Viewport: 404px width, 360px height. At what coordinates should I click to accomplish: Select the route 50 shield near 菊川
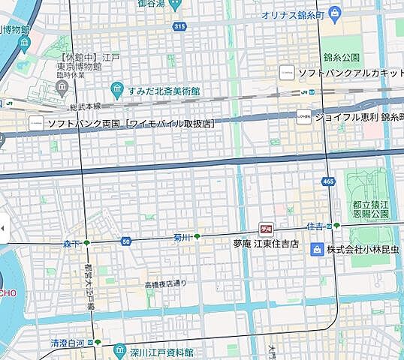126,241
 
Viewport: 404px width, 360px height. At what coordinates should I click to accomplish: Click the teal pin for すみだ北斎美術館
117,91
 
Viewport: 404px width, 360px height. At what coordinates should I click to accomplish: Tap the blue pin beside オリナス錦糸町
336,13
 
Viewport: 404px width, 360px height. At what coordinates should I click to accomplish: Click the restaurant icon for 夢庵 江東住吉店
264,228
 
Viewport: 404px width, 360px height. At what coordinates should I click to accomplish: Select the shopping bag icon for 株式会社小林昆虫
318,248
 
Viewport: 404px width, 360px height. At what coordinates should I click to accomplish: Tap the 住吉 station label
315,226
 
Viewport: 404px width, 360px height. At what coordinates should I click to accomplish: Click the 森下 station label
72,243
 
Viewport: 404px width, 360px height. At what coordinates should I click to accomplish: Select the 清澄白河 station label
69,343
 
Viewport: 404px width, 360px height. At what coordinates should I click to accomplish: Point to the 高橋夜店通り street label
165,284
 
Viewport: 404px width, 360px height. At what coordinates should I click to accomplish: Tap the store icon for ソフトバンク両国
35,122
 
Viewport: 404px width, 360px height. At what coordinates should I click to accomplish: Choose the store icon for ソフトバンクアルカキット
286,72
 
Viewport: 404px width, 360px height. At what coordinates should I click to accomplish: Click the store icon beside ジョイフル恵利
303,118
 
